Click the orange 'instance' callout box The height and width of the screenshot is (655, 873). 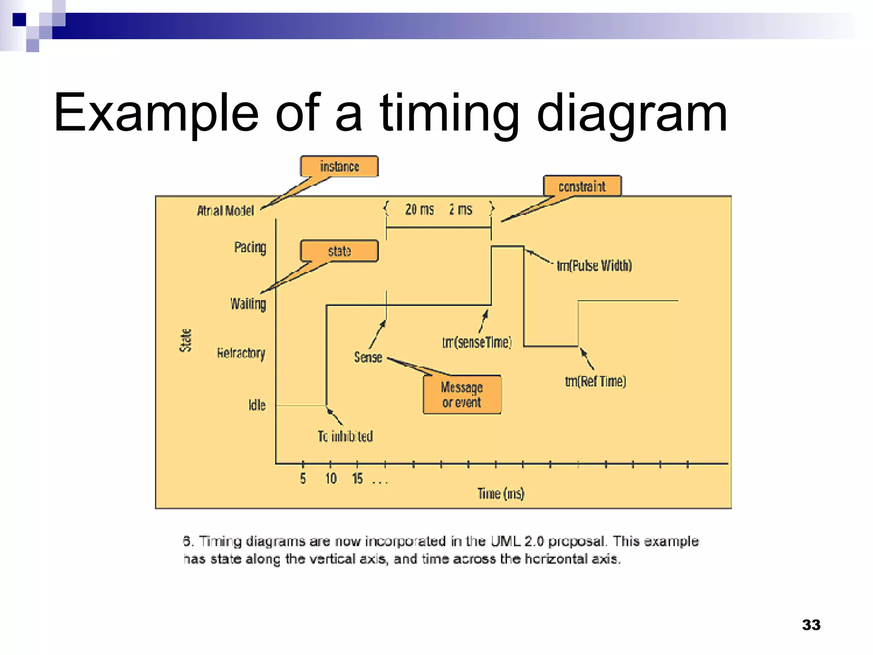(339, 166)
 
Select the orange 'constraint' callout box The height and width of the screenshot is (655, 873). (582, 186)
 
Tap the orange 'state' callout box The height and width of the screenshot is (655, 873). (339, 251)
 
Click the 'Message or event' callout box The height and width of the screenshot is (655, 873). (462, 394)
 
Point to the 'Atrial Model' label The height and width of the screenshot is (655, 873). (225, 211)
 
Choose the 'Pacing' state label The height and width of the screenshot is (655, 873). (250, 247)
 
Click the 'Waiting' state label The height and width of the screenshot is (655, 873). (248, 304)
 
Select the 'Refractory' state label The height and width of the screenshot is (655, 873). (241, 353)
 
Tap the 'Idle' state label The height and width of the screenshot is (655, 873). (257, 405)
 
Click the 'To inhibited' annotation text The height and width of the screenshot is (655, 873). (345, 436)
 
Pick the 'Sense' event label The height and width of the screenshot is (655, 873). (368, 357)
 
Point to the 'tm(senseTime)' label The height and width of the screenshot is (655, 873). (477, 342)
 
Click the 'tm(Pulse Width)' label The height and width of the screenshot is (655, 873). (594, 266)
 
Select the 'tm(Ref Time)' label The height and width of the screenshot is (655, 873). (595, 381)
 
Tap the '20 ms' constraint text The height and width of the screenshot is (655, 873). (419, 209)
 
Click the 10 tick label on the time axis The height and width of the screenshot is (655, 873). (331, 478)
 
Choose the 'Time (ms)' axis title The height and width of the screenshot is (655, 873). (501, 493)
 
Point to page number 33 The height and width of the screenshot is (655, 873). (811, 625)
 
